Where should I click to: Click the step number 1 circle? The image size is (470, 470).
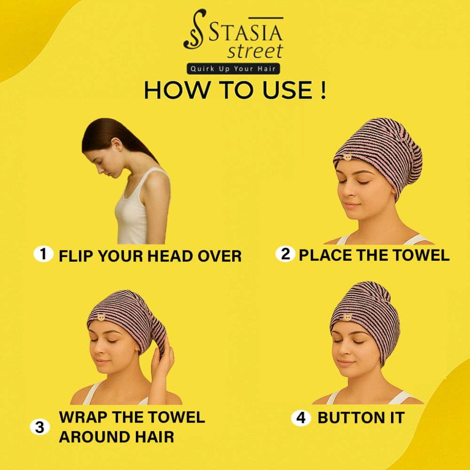pyautogui.click(x=43, y=254)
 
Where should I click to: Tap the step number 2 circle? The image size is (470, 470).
pyautogui.click(x=285, y=254)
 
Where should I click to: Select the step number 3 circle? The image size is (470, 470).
pyautogui.click(x=40, y=427)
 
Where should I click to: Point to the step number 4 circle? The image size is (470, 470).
pyautogui.click(x=301, y=417)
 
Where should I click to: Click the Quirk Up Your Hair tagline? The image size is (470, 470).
pyautogui.click(x=233, y=69)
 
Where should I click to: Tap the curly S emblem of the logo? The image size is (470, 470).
pyautogui.click(x=195, y=29)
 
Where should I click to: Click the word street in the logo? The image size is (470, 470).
pyautogui.click(x=255, y=51)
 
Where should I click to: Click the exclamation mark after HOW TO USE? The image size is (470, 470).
pyautogui.click(x=323, y=90)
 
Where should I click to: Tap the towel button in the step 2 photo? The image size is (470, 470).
pyautogui.click(x=348, y=157)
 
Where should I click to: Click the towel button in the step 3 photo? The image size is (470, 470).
pyautogui.click(x=102, y=317)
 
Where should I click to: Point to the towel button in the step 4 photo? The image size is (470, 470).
pyautogui.click(x=347, y=317)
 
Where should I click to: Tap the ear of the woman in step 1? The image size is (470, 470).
pyautogui.click(x=117, y=144)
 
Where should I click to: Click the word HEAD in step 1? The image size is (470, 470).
pyautogui.click(x=170, y=256)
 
